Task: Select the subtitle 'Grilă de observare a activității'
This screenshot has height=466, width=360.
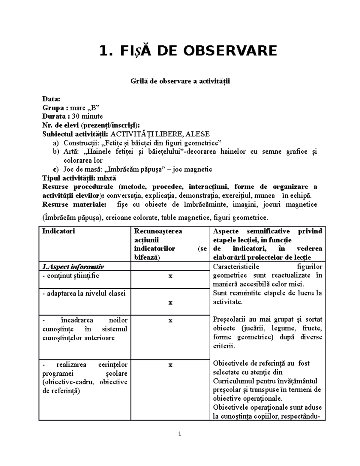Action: click(180, 81)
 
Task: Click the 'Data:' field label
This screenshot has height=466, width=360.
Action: click(51, 99)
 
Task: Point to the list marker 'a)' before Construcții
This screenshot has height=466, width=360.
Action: click(56, 143)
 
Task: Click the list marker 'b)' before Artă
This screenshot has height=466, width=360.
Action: click(56, 152)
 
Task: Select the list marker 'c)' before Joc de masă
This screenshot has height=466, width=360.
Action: click(56, 169)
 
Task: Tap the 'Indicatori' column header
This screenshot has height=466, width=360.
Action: click(59, 231)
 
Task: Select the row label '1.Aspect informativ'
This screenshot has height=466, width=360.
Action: click(73, 266)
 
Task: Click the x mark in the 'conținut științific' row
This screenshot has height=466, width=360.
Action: click(170, 276)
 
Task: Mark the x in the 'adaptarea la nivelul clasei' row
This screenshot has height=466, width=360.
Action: click(170, 302)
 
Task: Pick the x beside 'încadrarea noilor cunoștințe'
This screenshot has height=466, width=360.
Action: click(170, 320)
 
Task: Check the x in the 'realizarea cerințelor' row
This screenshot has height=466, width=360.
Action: click(170, 365)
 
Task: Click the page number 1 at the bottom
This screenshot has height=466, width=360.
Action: click(180, 434)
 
